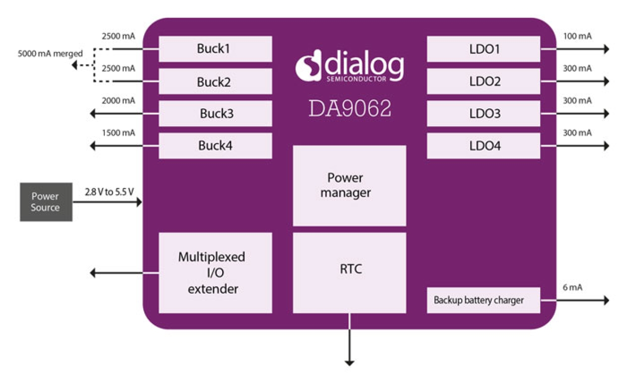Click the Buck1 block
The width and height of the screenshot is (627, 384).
215,49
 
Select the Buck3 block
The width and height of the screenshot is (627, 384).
215,114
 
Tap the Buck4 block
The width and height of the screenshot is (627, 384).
215,146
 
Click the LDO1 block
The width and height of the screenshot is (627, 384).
483,49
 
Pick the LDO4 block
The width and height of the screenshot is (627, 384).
483,146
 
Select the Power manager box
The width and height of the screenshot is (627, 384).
349,186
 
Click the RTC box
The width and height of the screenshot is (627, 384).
349,272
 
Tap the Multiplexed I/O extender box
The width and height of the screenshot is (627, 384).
215,272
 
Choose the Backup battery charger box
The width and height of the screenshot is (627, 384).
483,300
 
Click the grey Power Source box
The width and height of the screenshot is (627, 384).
46,202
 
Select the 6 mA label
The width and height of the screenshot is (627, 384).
573,287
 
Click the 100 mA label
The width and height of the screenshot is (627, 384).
577,36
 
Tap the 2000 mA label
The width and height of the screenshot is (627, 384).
118,101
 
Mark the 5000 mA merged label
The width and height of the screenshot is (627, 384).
50,53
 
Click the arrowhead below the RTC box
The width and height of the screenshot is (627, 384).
349,362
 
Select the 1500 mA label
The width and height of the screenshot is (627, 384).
118,133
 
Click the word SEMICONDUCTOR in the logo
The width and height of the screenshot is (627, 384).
356,79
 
